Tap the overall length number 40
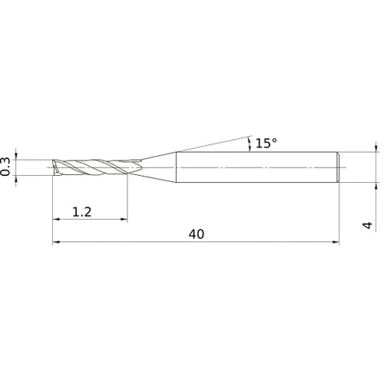point(196,235)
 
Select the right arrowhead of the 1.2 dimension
point(124,220)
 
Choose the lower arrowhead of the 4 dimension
point(376,185)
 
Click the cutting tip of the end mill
point(55,167)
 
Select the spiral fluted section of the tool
point(96,167)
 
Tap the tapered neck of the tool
point(157,167)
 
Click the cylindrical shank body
point(253,167)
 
